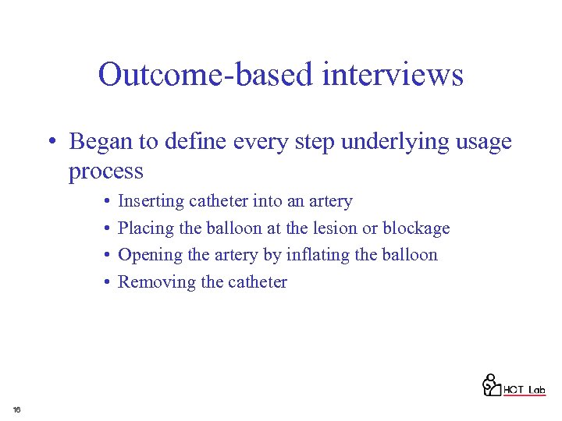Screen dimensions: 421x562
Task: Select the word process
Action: [106, 171]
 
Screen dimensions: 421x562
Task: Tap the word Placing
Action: [146, 228]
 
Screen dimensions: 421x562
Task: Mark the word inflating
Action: [319, 255]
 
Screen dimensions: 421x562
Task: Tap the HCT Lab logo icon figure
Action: [491, 384]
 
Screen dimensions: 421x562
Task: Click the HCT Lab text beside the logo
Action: [524, 390]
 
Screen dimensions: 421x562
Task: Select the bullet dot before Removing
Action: [105, 282]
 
